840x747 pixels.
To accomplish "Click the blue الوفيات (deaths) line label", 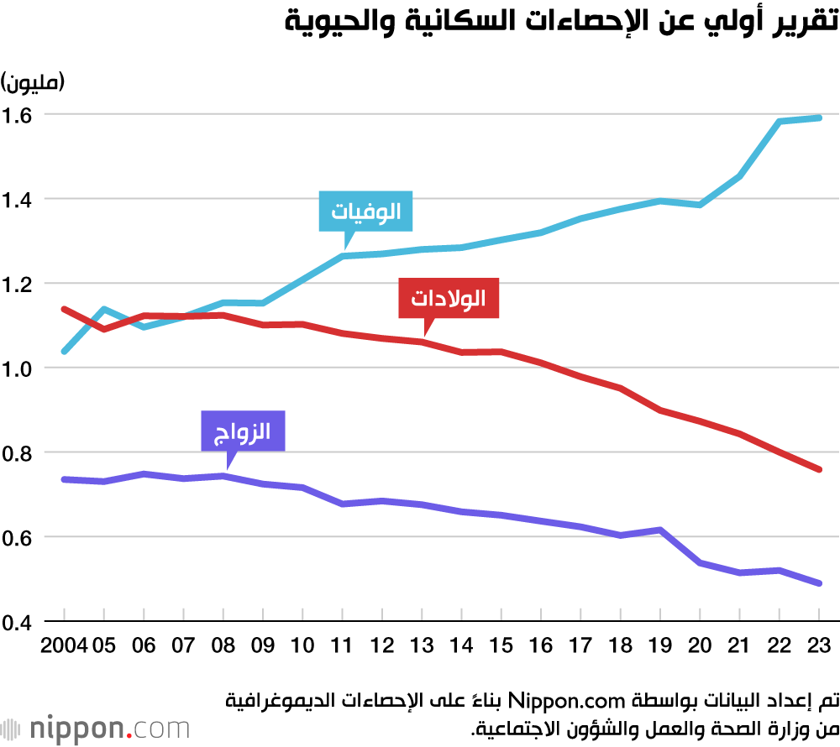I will point(366,212).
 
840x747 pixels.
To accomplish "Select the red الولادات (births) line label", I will point(449,298).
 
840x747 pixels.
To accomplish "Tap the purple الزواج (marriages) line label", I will point(244,432).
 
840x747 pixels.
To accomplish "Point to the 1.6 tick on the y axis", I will point(19,114).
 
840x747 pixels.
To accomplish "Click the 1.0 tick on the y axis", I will point(19,368).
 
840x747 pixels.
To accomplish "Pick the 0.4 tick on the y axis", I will point(19,623).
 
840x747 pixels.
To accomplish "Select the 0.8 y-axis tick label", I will point(19,453).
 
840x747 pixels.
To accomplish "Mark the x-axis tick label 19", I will point(660,645).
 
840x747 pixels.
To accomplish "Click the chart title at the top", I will point(560,23).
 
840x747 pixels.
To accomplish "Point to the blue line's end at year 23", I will point(820,118).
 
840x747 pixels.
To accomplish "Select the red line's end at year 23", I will point(820,469).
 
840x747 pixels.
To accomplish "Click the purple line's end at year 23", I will point(820,583).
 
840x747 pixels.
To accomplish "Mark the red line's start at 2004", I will point(64,309).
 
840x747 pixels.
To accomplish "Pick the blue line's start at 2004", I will point(64,351).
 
